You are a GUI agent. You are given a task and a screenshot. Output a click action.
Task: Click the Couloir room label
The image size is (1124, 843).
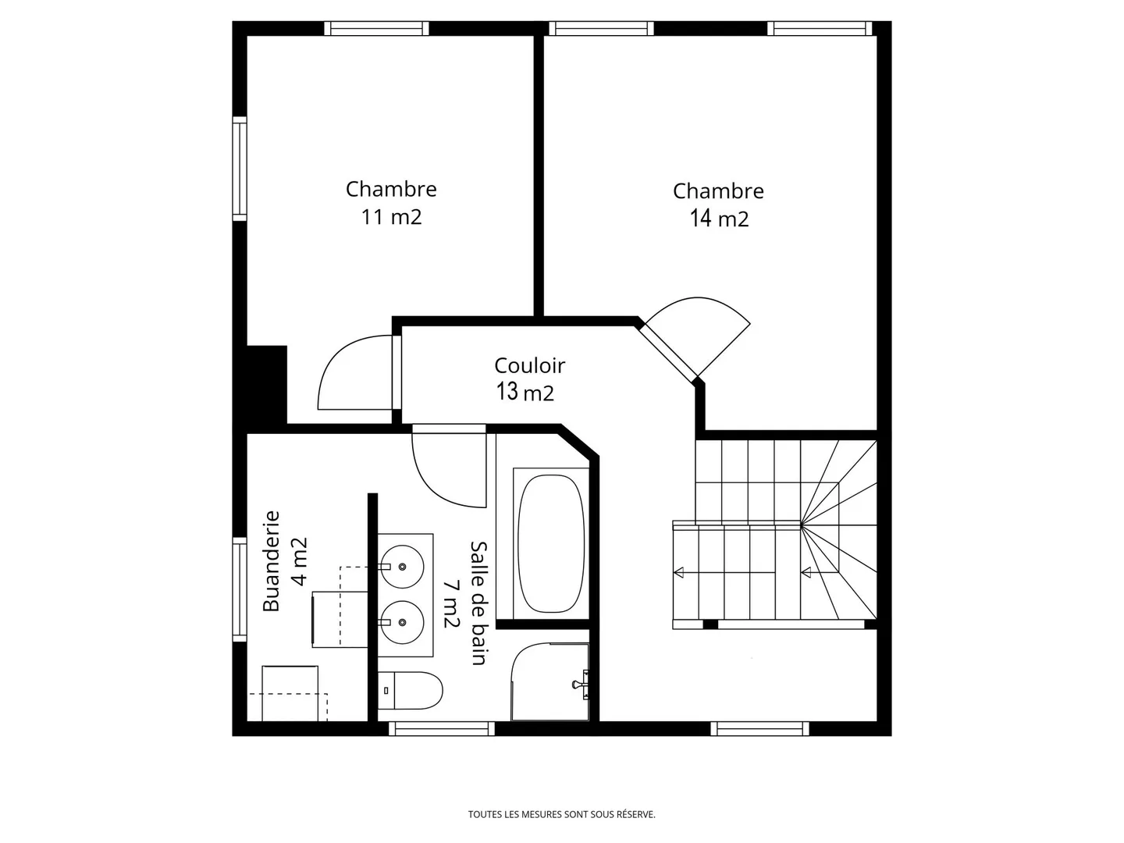pyautogui.click(x=529, y=365)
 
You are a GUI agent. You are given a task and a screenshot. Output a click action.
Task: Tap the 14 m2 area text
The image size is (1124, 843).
pyautogui.click(x=719, y=219)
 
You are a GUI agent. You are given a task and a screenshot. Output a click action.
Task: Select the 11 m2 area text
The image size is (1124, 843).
pyautogui.click(x=391, y=216)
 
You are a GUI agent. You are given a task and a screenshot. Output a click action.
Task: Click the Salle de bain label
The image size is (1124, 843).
pyautogui.click(x=478, y=603)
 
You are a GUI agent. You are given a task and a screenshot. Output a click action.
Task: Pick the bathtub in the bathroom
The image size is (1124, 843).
pyautogui.click(x=551, y=543)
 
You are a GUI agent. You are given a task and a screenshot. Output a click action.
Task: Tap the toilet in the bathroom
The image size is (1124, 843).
pyautogui.click(x=411, y=690)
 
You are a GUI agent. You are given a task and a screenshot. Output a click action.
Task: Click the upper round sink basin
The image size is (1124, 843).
pyautogui.click(x=402, y=566)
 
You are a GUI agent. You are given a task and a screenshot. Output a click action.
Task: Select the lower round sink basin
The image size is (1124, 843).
pyautogui.click(x=402, y=622)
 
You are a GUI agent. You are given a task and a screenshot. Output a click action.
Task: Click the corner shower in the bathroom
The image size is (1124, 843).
pyautogui.click(x=551, y=681)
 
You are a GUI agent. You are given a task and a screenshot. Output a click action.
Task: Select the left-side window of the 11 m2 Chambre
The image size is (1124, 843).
pyautogui.click(x=239, y=168)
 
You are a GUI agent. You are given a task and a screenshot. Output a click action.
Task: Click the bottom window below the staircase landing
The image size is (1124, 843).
pyautogui.click(x=759, y=729)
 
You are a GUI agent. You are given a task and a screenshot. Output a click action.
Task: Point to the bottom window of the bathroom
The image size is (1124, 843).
pyautogui.click(x=442, y=729)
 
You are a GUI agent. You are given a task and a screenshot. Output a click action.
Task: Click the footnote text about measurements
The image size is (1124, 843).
pyautogui.click(x=561, y=814)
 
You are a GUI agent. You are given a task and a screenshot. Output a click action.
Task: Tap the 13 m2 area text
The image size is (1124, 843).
pyautogui.click(x=525, y=392)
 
